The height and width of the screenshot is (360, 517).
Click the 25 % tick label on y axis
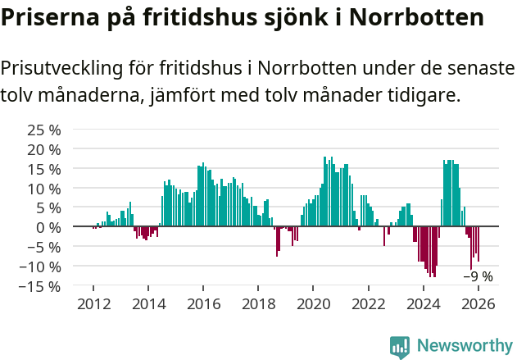coord(44,130)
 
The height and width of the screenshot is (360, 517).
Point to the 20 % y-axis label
coord(44,149)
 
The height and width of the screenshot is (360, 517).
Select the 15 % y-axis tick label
coord(44,169)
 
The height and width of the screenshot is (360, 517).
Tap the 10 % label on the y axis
coord(44,188)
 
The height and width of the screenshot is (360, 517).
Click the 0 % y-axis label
coord(48,227)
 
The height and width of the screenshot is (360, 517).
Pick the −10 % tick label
coord(41,267)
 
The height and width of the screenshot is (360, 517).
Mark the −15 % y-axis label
coord(41,286)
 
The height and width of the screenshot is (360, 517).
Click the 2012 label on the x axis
coord(93,303)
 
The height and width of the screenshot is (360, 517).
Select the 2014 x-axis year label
coord(148,303)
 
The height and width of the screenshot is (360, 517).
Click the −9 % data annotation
coord(478,276)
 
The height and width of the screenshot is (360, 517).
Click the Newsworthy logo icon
coord(400,346)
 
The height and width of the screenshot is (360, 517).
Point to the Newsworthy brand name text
coord(464,346)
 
